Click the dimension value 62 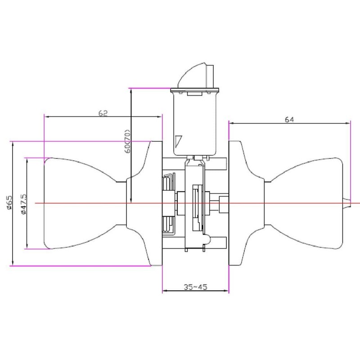pyautogui.click(x=103, y=113)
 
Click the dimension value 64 pyautogui.click(x=289, y=120)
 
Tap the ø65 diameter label pyautogui.click(x=9, y=203)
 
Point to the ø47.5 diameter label pyautogui.click(x=22, y=203)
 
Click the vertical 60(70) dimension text pyautogui.click(x=127, y=142)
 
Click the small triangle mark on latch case pyautogui.click(x=179, y=141)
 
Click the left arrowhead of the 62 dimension pyautogui.click(x=46, y=117)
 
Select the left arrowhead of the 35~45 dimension pyautogui.click(x=164, y=291)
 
